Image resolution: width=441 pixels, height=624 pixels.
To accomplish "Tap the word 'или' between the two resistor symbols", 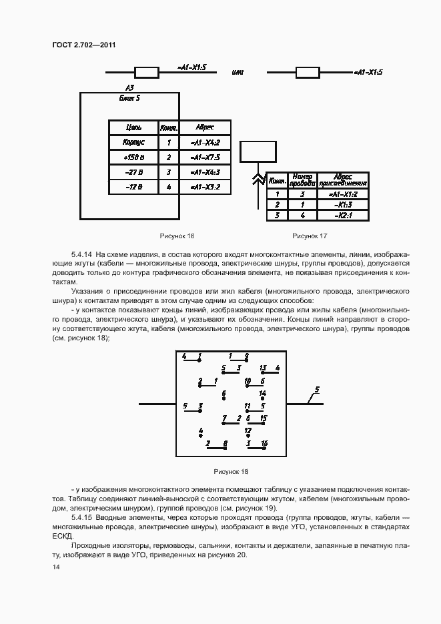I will click(x=237, y=71).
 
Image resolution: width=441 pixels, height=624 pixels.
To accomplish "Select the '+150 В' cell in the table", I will click(x=133, y=158).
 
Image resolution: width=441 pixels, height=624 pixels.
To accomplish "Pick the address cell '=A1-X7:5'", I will click(x=205, y=158).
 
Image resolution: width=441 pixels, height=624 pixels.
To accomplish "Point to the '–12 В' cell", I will click(x=133, y=187).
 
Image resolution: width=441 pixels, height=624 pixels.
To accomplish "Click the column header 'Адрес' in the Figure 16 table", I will click(x=205, y=127).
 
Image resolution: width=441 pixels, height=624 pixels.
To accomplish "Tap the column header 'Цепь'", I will click(x=133, y=127).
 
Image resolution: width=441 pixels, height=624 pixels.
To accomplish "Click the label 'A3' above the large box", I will click(x=129, y=88).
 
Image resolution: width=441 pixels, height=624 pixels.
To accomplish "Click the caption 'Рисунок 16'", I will click(x=177, y=236).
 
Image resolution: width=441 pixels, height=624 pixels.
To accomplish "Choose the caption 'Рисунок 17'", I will click(x=310, y=236).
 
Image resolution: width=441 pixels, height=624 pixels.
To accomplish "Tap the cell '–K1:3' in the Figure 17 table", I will click(x=344, y=204).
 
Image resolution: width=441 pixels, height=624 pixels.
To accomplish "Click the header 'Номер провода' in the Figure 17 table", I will click(x=303, y=179).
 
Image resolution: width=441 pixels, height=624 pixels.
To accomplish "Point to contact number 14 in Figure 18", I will click(x=263, y=394).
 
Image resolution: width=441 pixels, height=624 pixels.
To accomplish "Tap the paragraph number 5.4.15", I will click(x=83, y=517).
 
